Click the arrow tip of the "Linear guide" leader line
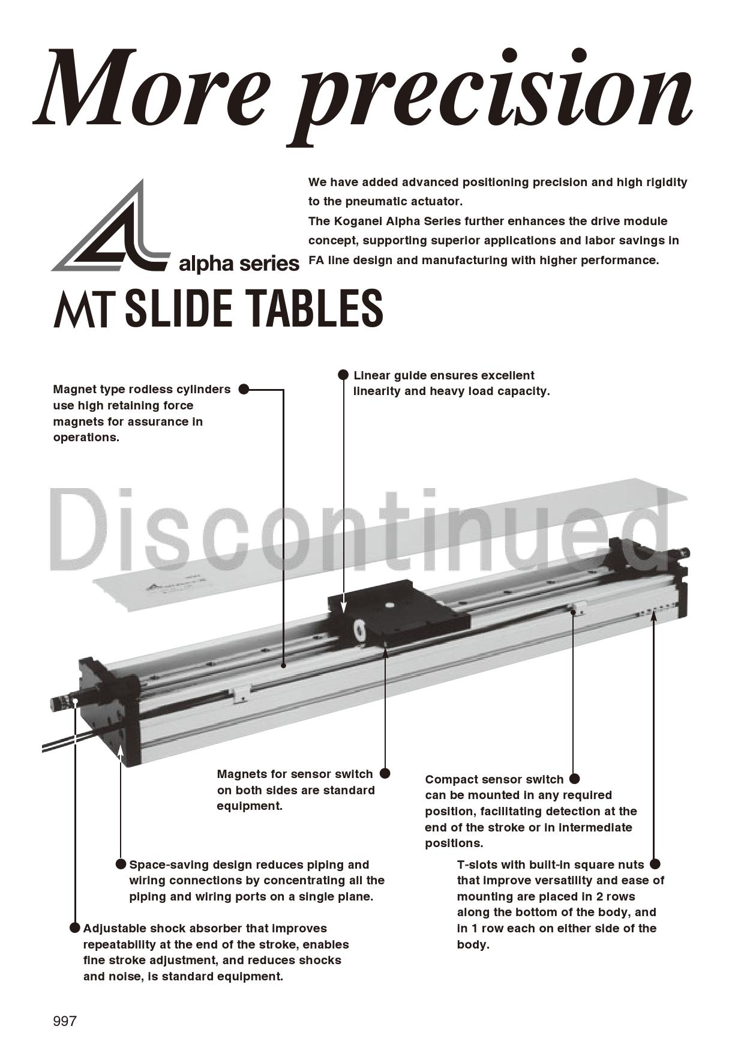point(343,612)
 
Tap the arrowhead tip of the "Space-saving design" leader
point(120,744)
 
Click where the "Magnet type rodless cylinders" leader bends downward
point(283,390)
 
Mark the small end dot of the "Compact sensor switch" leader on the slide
point(574,612)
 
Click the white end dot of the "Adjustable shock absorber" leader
point(76,700)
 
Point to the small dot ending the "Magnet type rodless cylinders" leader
point(283,665)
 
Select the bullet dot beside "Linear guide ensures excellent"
point(343,375)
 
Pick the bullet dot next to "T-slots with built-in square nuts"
point(655,864)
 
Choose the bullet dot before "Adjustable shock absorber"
point(75,928)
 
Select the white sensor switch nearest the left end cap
point(241,692)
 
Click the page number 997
point(65,1021)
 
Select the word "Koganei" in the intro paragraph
point(357,221)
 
